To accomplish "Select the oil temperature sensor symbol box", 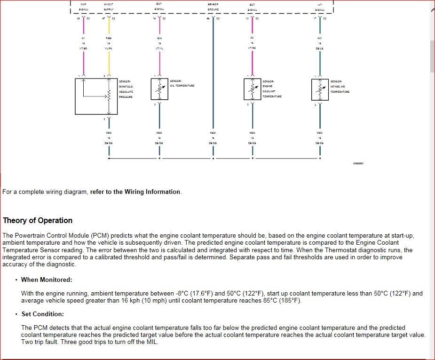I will (x=159, y=89).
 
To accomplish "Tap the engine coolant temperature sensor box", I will (x=252, y=89).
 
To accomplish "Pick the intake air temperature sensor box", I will (x=320, y=89).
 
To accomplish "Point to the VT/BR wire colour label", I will (x=83, y=48).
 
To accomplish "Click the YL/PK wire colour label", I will (x=109, y=48).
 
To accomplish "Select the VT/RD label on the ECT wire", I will (x=252, y=48).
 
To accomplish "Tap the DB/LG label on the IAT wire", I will (x=320, y=48).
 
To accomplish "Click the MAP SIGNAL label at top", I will (x=83, y=7).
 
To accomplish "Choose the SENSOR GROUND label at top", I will (x=213, y=7).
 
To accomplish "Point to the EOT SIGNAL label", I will (x=159, y=7).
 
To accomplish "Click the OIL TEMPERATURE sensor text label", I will (x=182, y=86).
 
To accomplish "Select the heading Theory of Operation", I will (x=38, y=220).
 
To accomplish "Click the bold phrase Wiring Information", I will (x=152, y=192).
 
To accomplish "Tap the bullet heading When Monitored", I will (x=47, y=280).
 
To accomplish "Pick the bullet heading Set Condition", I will (x=42, y=314).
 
